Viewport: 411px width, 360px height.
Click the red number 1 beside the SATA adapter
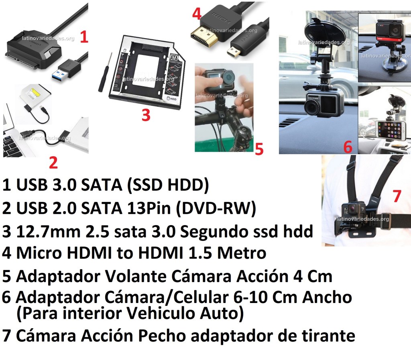click(83, 37)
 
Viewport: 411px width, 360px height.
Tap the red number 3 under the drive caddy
click(146, 115)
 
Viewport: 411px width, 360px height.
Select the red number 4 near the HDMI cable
click(197, 14)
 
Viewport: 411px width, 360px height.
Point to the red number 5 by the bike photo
click(259, 149)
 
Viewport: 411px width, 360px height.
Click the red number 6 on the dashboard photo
click(348, 147)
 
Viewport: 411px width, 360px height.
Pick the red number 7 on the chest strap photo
click(397, 196)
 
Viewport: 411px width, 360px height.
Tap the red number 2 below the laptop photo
click(53, 163)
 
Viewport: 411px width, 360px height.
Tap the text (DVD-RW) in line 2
click(216, 209)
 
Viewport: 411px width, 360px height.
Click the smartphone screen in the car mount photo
click(389, 130)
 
